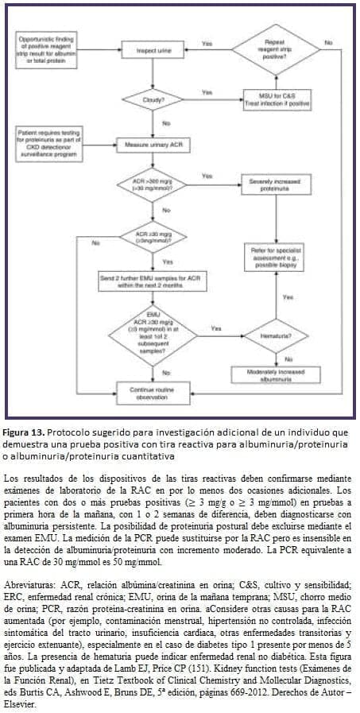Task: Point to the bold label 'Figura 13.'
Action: [25, 431]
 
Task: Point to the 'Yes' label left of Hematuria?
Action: [215, 328]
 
